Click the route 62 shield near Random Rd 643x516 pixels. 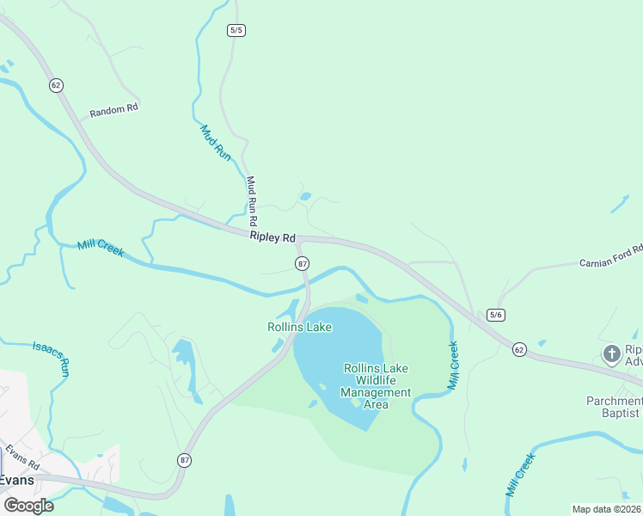(56, 85)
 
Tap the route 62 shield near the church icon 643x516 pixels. (518, 349)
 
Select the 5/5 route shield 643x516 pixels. (236, 30)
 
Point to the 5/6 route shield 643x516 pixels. (495, 315)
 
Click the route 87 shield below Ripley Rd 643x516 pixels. (302, 264)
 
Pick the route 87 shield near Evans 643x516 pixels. (185, 460)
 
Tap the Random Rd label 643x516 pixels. (113, 110)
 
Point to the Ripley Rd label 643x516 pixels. (273, 236)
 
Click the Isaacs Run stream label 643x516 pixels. (51, 357)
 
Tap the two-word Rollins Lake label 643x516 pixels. (299, 327)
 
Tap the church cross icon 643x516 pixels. (611, 353)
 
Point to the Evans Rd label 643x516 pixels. (21, 457)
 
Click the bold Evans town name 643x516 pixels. (16, 480)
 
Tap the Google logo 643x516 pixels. (28, 505)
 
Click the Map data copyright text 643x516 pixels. (606, 509)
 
